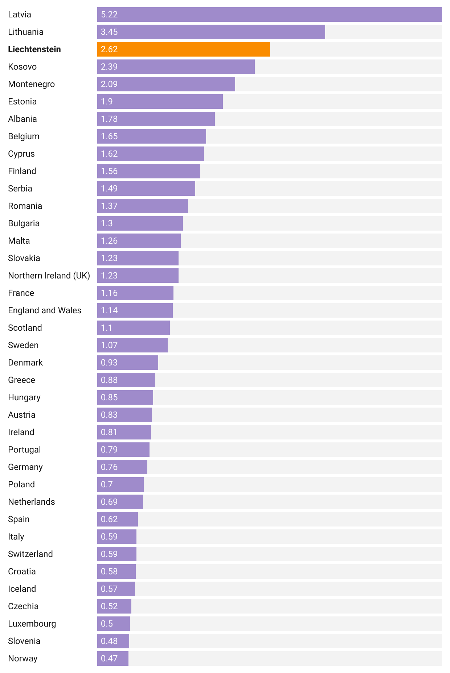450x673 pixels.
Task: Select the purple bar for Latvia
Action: (269, 15)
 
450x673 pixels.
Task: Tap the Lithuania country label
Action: (26, 32)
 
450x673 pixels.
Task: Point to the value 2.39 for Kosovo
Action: (109, 67)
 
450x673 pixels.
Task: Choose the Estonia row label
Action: (22, 102)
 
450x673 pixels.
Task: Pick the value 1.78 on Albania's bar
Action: (109, 119)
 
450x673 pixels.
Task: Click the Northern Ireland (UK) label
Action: (49, 276)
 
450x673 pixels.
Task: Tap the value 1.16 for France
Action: (109, 293)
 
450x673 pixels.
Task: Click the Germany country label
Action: (25, 467)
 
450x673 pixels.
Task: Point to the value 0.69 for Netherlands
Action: (109, 502)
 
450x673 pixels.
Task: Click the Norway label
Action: (22, 658)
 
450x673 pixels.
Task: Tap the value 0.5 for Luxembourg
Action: (107, 624)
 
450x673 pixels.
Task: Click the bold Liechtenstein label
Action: (34, 49)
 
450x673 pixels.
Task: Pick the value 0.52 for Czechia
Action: (109, 606)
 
